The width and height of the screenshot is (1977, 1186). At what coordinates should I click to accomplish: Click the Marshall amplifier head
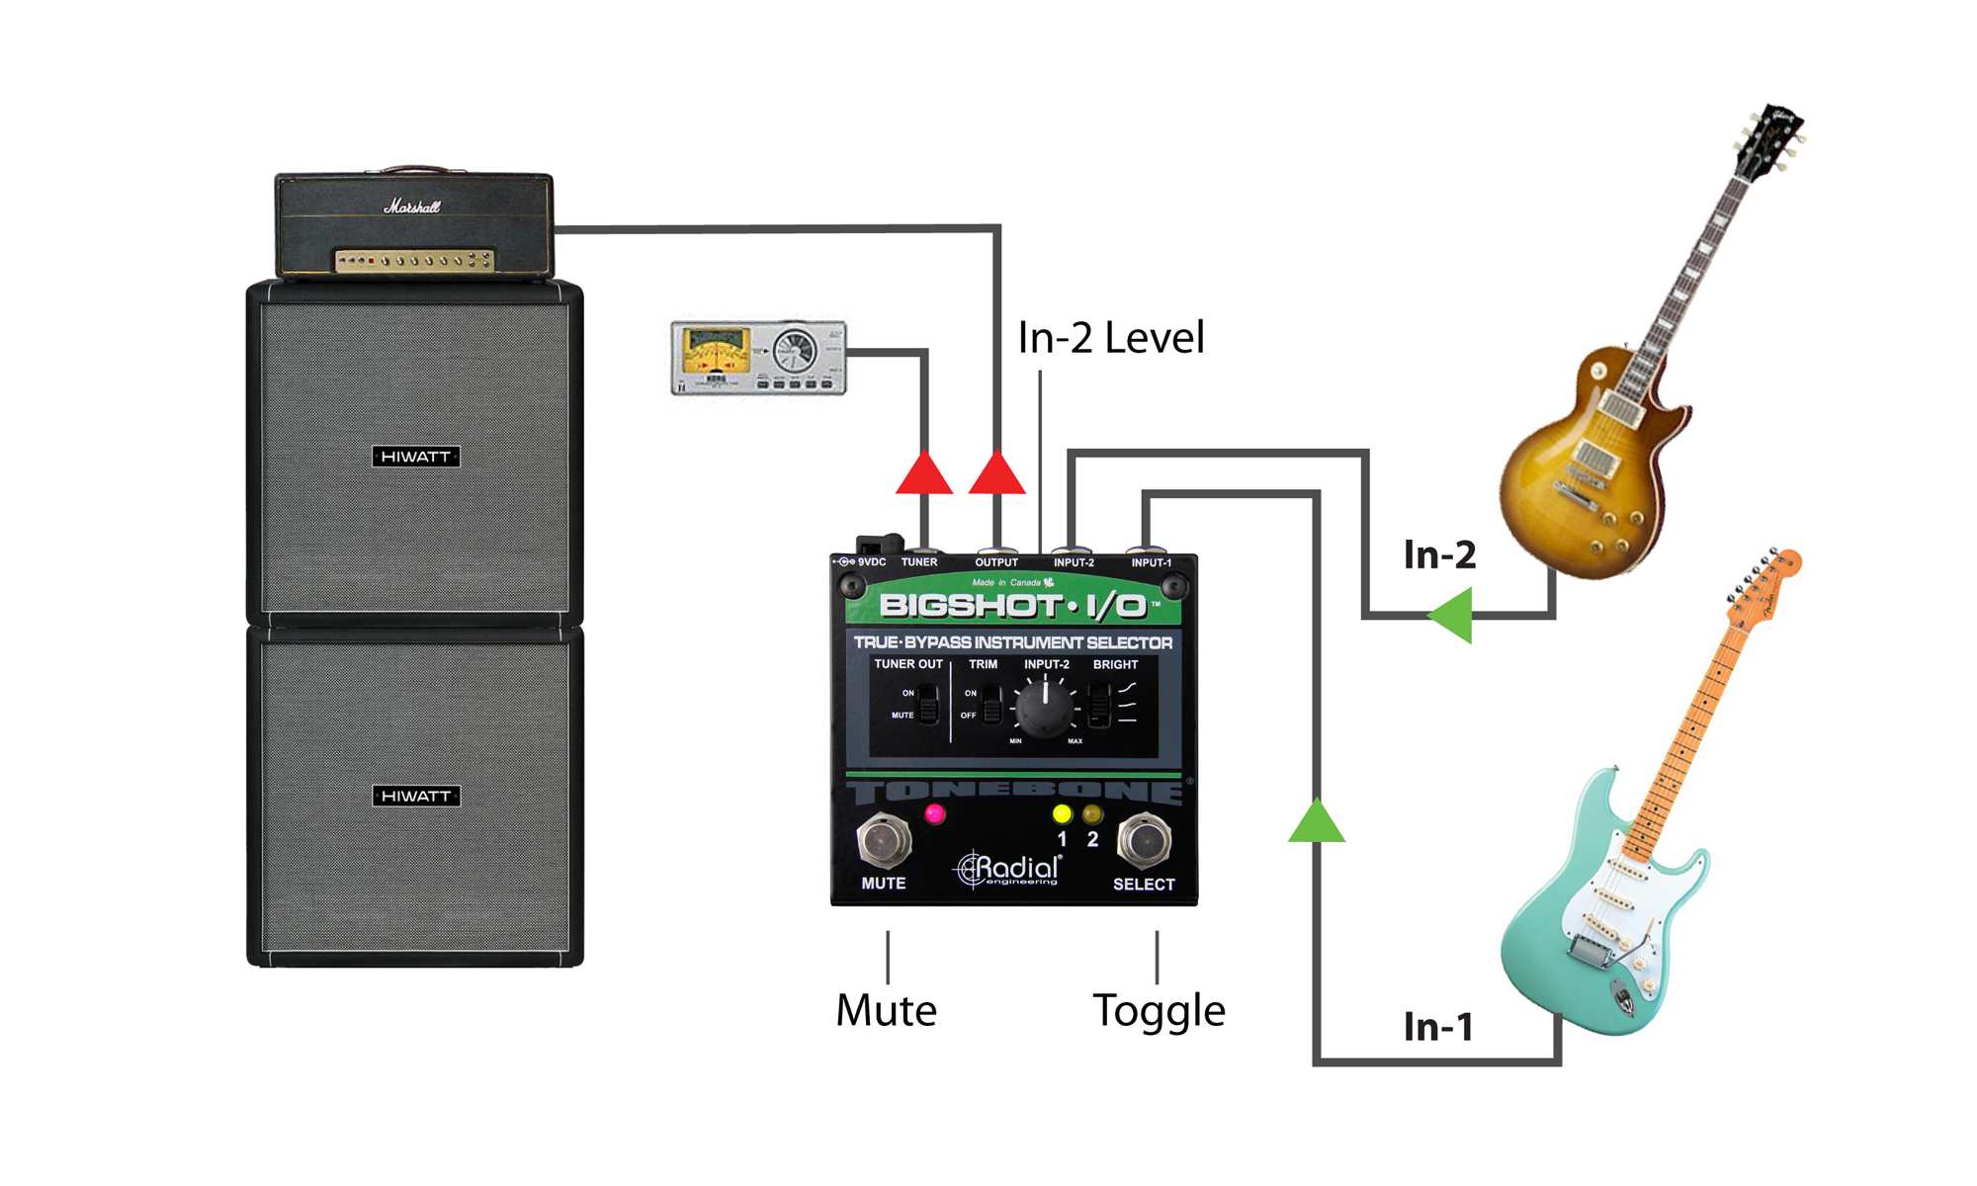tap(414, 225)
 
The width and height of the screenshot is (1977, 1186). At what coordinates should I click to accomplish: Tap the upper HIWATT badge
tap(416, 457)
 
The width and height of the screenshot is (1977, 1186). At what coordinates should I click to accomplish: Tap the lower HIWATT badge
tap(416, 796)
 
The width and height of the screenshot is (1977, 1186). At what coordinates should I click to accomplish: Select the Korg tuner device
tap(758, 358)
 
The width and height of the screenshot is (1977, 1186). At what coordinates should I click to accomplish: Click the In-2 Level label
tap(1111, 338)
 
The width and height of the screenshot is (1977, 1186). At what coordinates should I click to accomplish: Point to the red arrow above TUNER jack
tap(924, 473)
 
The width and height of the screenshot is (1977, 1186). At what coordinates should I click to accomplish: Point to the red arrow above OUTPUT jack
tap(996, 473)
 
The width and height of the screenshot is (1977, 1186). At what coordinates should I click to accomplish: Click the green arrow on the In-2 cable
tap(1452, 615)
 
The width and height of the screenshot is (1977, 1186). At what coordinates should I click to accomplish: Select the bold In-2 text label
tap(1439, 555)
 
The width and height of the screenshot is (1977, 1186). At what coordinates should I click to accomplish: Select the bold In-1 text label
tap(1438, 1027)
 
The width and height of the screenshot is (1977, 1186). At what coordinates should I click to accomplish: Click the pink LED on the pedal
tap(934, 814)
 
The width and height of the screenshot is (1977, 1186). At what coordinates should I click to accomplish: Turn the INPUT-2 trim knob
tap(1045, 707)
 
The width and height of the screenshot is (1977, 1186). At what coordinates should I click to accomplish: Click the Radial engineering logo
tap(1008, 869)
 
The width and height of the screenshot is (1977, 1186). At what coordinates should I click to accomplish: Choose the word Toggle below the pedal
tap(1159, 1011)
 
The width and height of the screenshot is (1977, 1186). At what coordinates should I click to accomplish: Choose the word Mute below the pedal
tap(886, 1011)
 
